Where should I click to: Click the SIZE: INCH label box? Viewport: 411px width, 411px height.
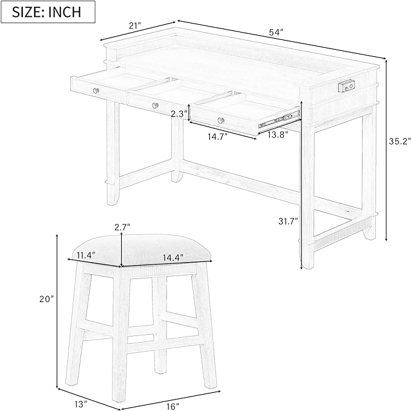point(48,12)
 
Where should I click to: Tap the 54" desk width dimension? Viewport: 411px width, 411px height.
point(276,32)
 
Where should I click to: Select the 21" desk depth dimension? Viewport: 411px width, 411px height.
point(135,25)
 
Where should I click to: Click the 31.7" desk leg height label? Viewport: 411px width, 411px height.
point(288,221)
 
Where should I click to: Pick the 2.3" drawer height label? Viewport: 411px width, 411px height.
point(179,114)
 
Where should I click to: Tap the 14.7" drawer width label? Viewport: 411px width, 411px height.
point(217,136)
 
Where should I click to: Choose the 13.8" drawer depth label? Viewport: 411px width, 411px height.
point(278,135)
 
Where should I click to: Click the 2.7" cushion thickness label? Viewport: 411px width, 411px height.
point(122,227)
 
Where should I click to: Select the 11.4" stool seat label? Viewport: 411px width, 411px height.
point(86,255)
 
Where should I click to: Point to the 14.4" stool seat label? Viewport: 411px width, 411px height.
point(173,258)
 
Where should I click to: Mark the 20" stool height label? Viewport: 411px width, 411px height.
point(47,299)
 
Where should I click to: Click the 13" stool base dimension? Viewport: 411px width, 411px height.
point(81,404)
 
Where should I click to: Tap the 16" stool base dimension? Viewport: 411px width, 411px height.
point(173,407)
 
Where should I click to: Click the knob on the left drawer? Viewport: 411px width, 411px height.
point(96,91)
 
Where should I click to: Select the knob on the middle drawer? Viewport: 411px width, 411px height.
point(156,105)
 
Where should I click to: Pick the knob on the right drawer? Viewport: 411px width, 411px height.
point(221,120)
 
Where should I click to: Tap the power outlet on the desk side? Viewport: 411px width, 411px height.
point(346,86)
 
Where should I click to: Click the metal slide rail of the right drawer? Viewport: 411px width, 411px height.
point(279,119)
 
